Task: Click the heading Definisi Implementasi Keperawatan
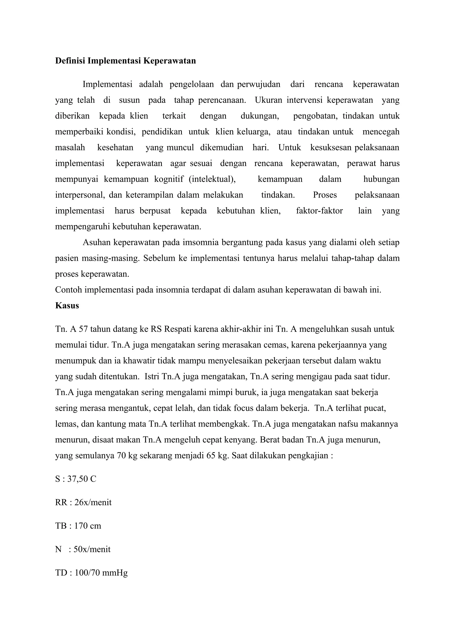(125, 61)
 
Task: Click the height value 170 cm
(87, 526)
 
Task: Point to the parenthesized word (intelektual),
(212, 179)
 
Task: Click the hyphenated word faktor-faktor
(319, 211)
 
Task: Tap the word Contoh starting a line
(69, 290)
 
